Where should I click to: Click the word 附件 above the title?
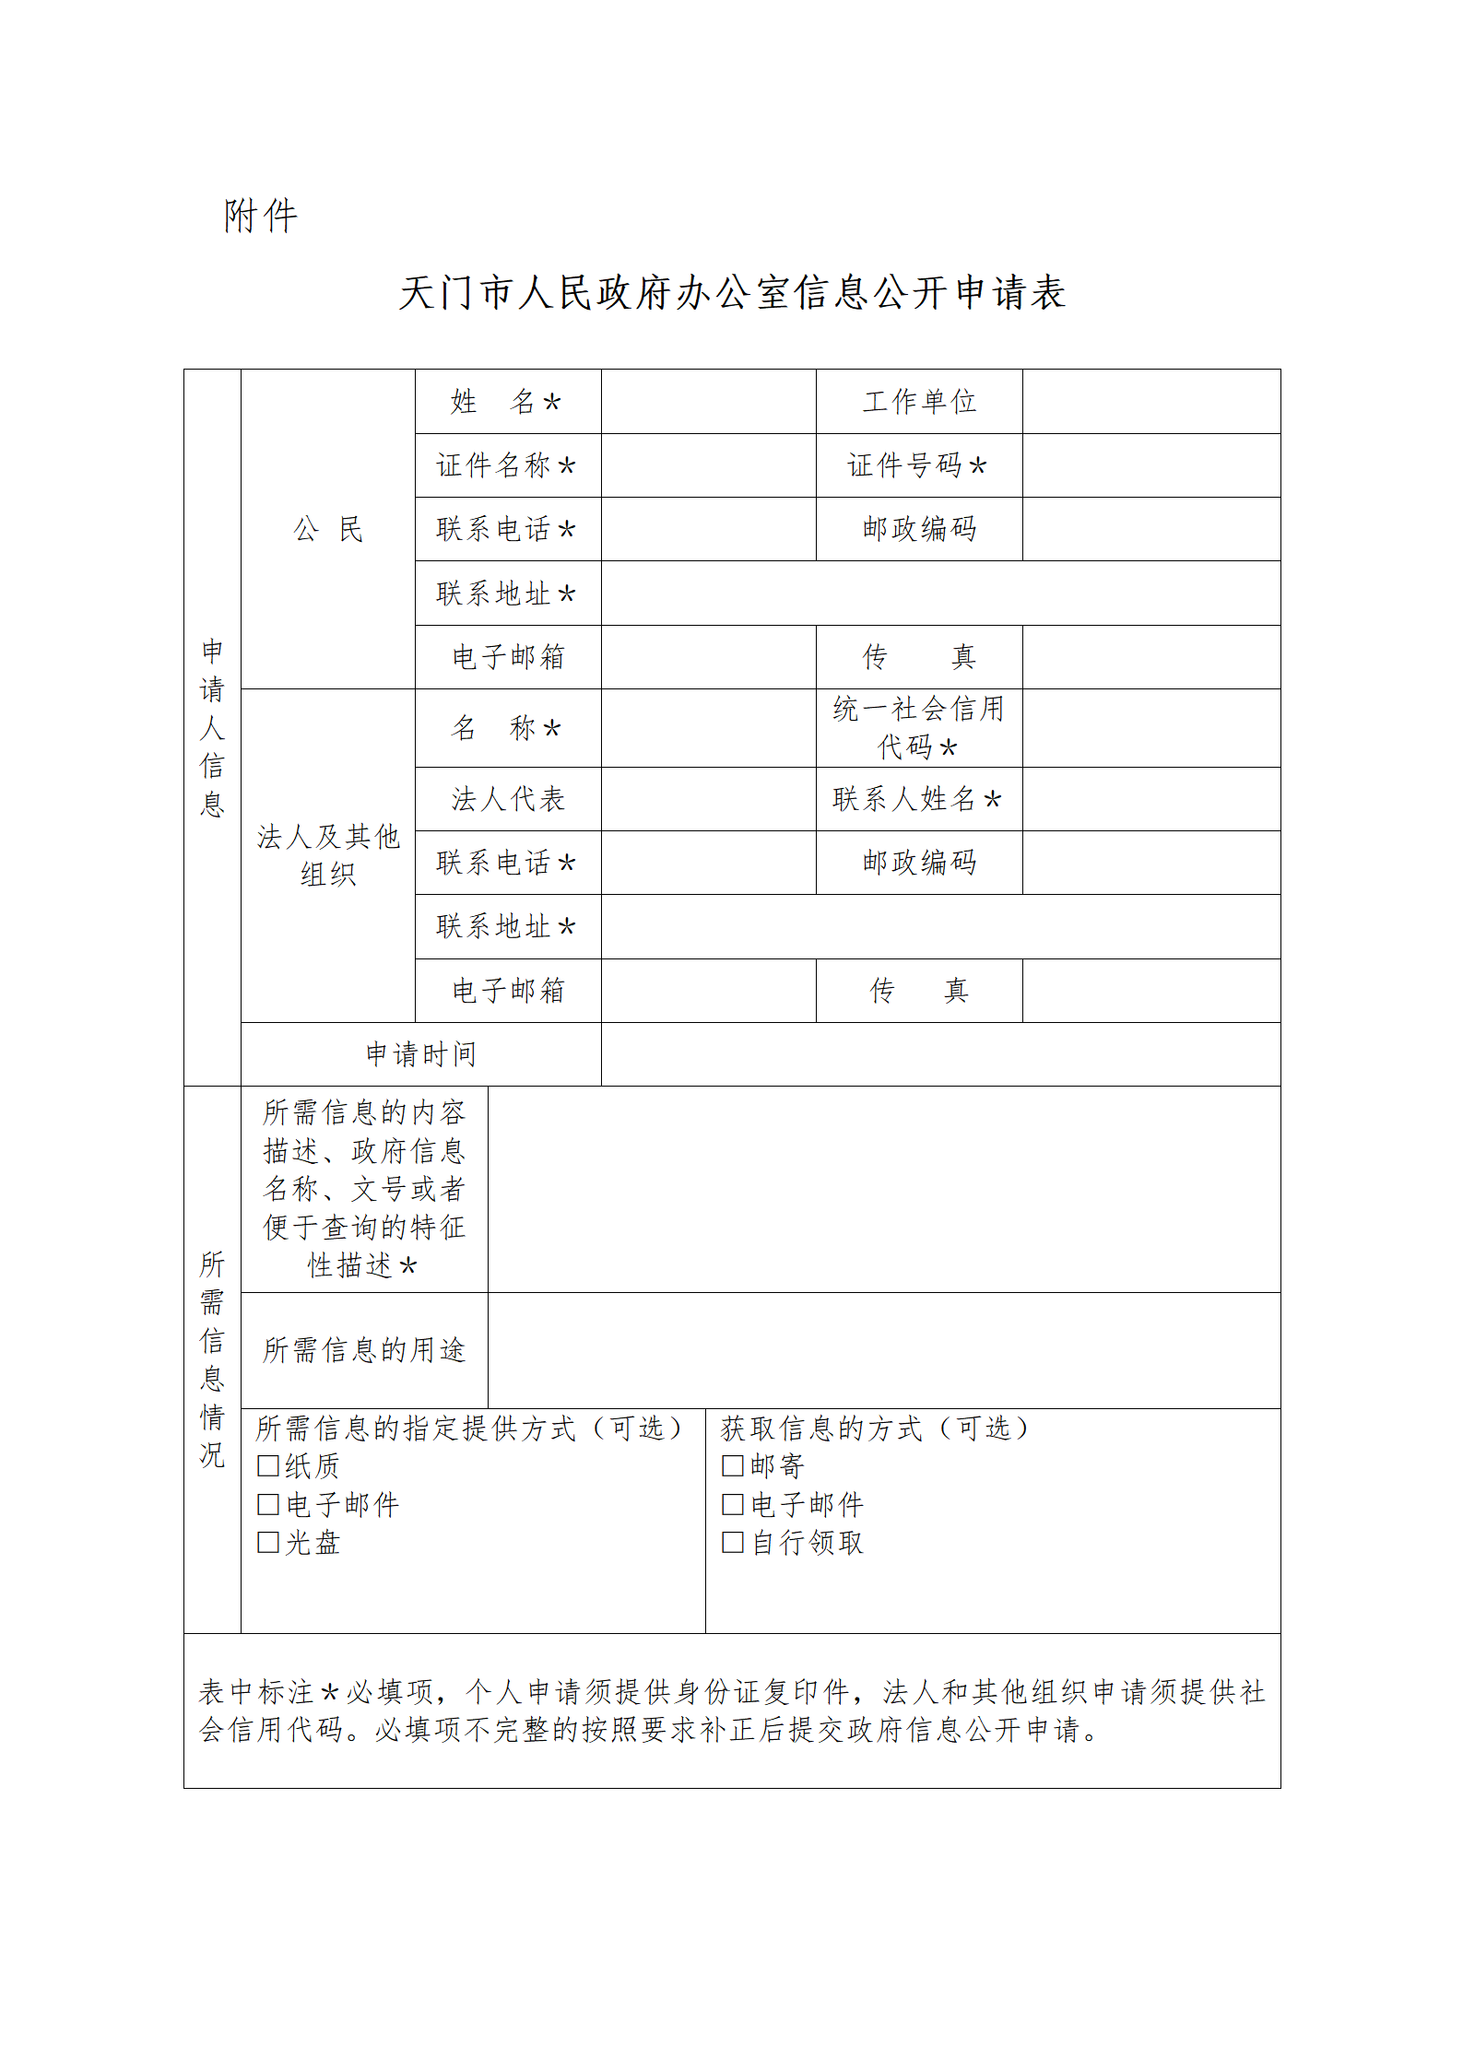point(261,217)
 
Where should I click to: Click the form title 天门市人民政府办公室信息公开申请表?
point(732,293)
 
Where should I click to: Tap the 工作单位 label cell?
point(919,402)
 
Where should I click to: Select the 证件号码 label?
point(917,465)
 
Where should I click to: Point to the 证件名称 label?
point(506,465)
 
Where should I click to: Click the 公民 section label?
point(327,529)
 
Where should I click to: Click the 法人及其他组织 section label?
point(327,854)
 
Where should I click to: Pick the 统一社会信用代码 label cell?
point(918,727)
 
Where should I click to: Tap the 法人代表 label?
point(508,799)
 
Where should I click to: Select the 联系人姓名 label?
point(917,799)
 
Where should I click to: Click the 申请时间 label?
point(420,1053)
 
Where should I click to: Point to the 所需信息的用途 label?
point(364,1350)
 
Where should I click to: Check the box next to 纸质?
point(268,1466)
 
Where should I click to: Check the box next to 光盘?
point(268,1543)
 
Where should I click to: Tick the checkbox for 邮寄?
point(733,1466)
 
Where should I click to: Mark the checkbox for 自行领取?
point(733,1543)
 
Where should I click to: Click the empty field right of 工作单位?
point(1150,402)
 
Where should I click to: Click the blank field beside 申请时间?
point(940,1053)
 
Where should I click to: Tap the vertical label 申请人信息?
point(212,727)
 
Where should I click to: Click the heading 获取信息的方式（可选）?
point(874,1428)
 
